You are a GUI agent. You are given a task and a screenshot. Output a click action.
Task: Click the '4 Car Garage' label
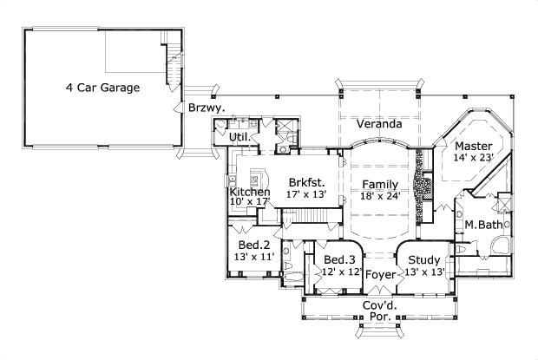(102, 88)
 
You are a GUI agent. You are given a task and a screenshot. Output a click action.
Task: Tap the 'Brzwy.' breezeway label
(207, 108)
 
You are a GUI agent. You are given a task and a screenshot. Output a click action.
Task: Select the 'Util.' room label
(239, 137)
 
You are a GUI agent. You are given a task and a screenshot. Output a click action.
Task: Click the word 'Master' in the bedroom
(475, 145)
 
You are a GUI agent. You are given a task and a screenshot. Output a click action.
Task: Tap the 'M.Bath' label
(482, 226)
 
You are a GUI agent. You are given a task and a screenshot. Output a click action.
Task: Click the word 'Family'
(380, 184)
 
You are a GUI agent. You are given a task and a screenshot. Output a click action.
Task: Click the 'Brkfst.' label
(307, 183)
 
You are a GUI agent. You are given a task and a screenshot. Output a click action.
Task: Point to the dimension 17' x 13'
(307, 196)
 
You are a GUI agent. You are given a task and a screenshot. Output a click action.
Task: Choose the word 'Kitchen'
(250, 192)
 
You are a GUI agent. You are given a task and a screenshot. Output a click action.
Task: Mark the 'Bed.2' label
(254, 244)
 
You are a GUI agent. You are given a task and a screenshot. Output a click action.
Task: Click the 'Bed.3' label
(339, 259)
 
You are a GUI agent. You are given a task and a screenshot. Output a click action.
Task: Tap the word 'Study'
(425, 259)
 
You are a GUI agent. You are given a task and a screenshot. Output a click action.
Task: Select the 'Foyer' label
(380, 275)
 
